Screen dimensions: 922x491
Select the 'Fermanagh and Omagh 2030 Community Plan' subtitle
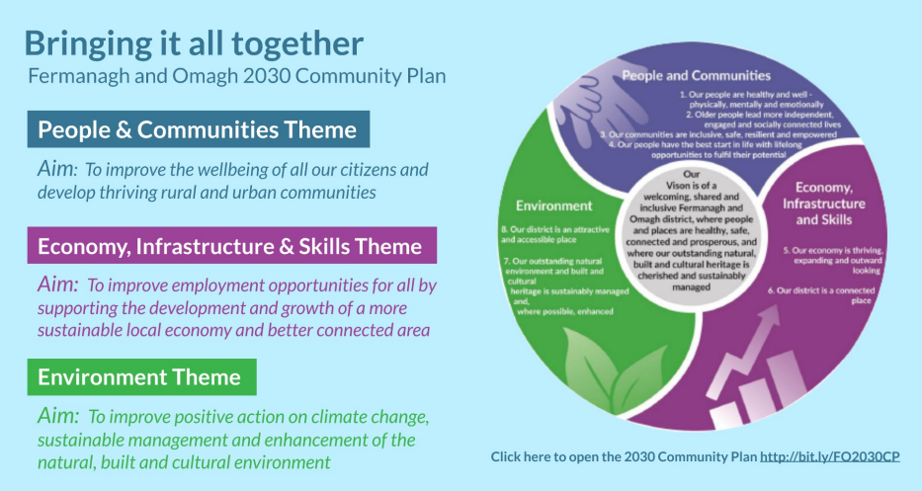coord(237,76)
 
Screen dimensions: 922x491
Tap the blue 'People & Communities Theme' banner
coord(199,129)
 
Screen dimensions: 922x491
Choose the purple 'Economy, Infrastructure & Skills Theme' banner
coord(231,246)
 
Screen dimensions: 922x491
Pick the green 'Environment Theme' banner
coord(141,377)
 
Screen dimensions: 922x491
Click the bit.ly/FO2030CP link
coord(830,456)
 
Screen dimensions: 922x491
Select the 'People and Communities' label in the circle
coord(697,75)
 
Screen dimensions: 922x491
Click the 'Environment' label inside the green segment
coord(554,205)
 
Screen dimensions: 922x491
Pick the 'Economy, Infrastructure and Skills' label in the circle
coord(824,204)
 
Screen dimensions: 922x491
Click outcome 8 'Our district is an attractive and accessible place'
coord(555,234)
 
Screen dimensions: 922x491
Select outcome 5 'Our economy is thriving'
coord(833,260)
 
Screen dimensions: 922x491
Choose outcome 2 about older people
coord(763,120)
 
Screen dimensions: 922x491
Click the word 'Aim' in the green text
coord(57,416)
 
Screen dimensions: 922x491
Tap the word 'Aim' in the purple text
coord(57,284)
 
